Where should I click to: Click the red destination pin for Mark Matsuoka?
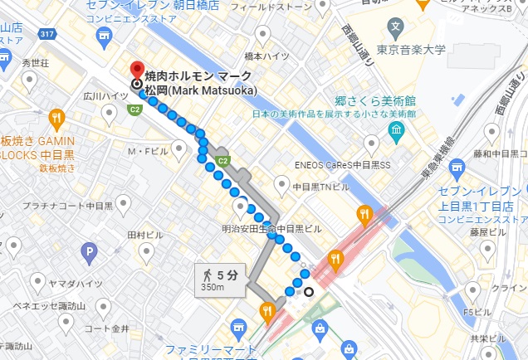138,71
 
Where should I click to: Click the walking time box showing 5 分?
221,280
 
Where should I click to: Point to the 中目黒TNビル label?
321,187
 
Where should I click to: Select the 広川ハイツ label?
100,96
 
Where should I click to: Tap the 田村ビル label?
145,235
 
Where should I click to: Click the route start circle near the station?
309,290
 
